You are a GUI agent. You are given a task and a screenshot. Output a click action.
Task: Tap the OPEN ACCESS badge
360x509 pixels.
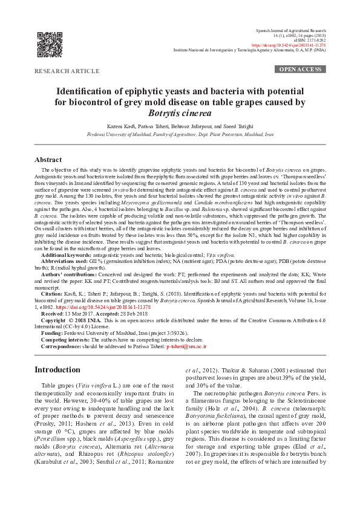coord(299,70)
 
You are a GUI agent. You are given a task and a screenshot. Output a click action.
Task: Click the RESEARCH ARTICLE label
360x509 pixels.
coord(67,71)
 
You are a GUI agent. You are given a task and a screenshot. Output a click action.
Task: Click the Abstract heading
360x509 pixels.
coord(51,160)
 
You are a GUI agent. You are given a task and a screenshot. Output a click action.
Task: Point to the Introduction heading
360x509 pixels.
coord(62,369)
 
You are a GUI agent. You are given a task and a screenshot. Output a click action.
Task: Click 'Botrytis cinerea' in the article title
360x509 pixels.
coord(180,113)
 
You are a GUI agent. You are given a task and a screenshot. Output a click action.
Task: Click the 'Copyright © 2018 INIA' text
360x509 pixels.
coord(70,320)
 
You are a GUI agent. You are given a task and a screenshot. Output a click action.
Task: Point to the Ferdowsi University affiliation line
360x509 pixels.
coord(180,134)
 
